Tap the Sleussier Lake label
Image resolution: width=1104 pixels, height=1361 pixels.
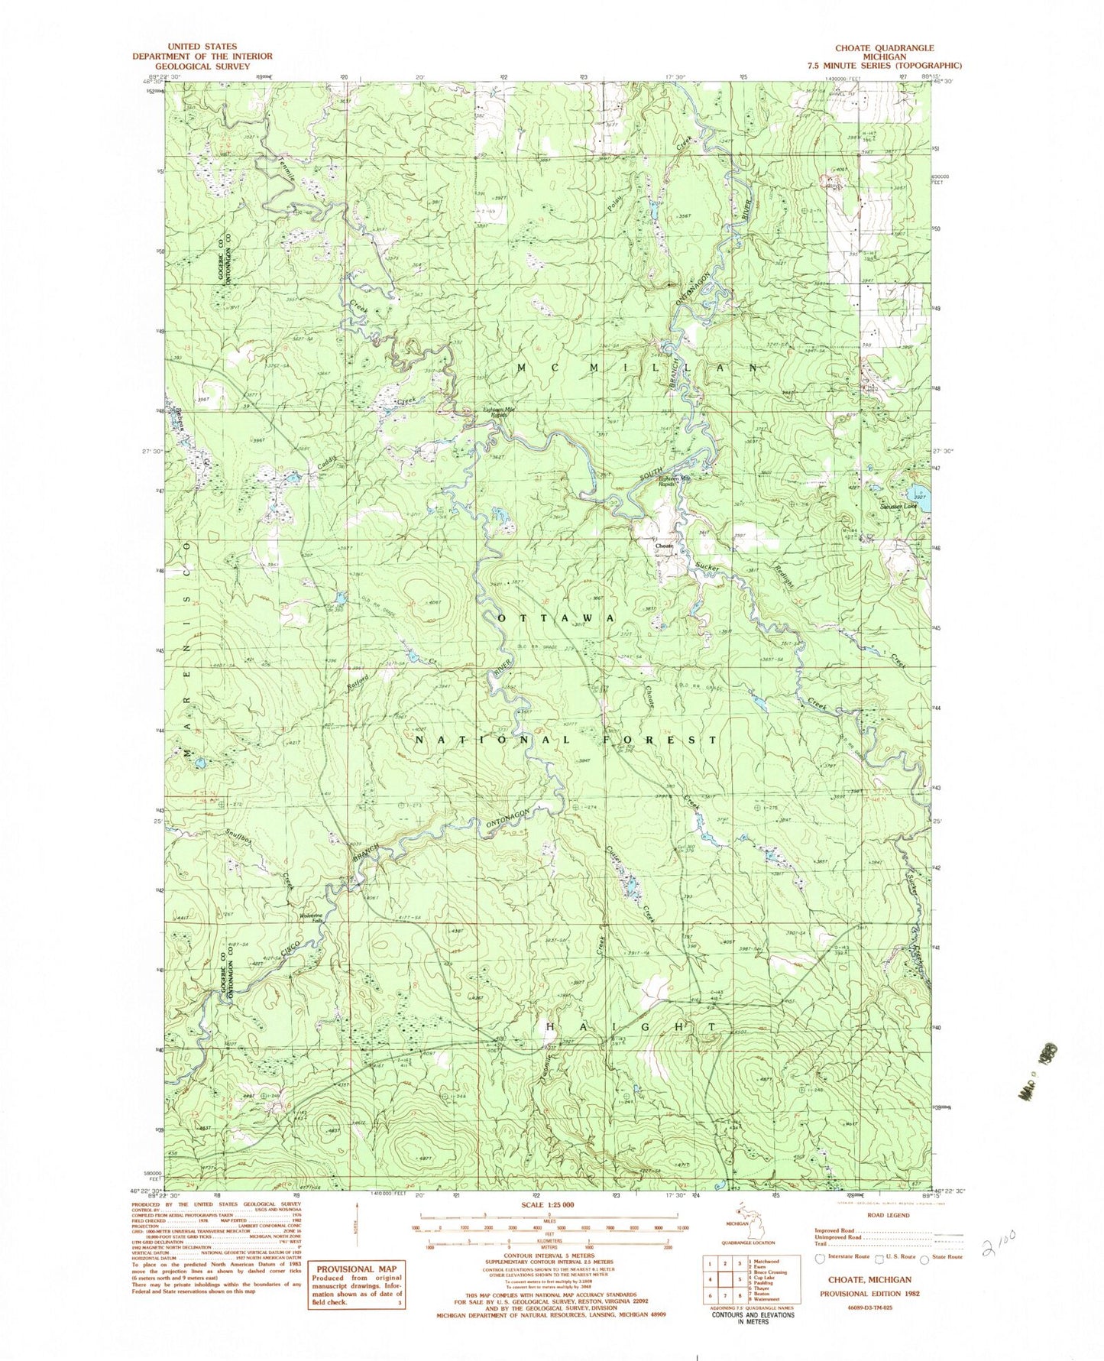click(x=897, y=506)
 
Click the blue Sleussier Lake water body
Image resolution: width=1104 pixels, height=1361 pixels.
click(x=917, y=492)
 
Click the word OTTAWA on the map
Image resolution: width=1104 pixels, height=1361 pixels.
click(x=556, y=617)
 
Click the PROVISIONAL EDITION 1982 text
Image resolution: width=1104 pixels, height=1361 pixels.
click(x=869, y=1294)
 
